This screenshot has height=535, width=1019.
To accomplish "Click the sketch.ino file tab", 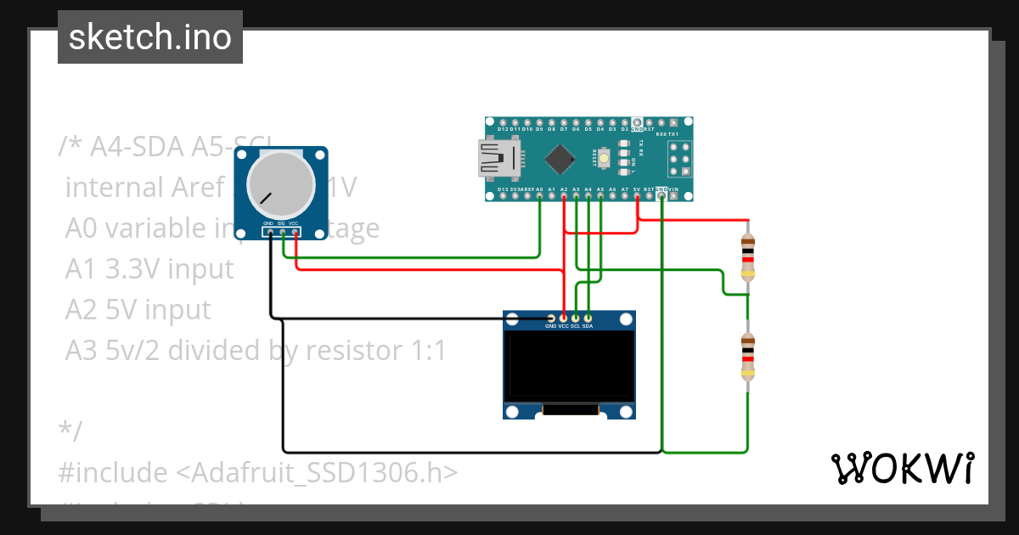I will click(x=149, y=37).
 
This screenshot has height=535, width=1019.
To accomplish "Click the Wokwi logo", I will click(x=902, y=468).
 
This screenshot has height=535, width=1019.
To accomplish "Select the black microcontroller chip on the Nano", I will click(x=560, y=159).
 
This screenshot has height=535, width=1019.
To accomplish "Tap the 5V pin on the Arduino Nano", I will click(x=637, y=196).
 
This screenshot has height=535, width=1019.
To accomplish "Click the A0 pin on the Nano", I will click(x=540, y=196).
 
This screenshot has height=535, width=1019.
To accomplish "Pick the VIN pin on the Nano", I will click(x=673, y=196).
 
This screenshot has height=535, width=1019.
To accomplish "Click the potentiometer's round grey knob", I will click(x=280, y=185).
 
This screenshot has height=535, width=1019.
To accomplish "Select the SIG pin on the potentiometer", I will click(x=281, y=231).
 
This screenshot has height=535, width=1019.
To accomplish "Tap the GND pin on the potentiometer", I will click(x=268, y=231).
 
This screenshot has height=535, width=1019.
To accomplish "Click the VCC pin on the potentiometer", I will click(x=294, y=231).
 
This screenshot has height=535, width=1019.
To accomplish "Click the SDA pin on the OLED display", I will click(x=588, y=318).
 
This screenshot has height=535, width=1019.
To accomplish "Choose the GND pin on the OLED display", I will click(x=550, y=318).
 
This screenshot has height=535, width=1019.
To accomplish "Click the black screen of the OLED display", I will click(x=569, y=366).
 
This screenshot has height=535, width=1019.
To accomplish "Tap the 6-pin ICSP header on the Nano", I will click(x=679, y=158).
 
